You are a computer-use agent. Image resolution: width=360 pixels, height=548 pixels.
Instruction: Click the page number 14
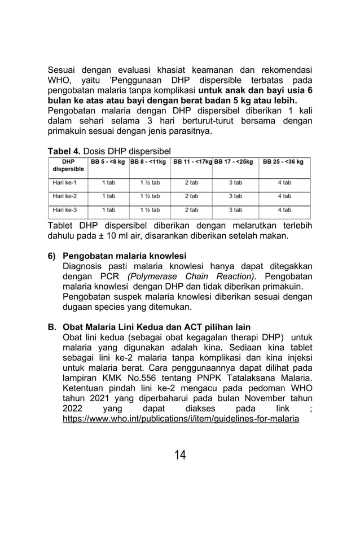click(x=180, y=454)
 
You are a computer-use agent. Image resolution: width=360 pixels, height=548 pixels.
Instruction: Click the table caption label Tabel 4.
click(x=64, y=151)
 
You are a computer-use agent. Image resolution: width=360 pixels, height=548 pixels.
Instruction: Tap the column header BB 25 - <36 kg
click(x=284, y=161)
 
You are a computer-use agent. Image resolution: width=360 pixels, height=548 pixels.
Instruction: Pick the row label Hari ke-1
click(x=62, y=183)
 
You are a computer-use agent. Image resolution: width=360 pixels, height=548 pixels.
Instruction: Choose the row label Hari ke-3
click(x=62, y=209)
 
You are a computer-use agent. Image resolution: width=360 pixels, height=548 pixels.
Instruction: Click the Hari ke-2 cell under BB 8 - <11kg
click(x=150, y=196)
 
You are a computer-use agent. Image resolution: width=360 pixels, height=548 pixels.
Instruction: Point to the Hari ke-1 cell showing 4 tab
click(x=284, y=183)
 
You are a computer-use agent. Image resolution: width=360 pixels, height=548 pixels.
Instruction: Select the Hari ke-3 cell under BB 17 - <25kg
click(x=235, y=209)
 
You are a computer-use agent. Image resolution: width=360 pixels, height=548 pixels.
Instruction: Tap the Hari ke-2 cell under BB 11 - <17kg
click(x=191, y=196)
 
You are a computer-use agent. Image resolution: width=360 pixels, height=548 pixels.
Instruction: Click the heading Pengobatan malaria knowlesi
click(x=124, y=256)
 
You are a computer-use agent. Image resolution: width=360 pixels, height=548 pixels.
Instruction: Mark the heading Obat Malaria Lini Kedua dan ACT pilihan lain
click(x=156, y=327)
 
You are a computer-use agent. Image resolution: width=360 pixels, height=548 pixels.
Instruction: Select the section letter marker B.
click(x=51, y=327)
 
